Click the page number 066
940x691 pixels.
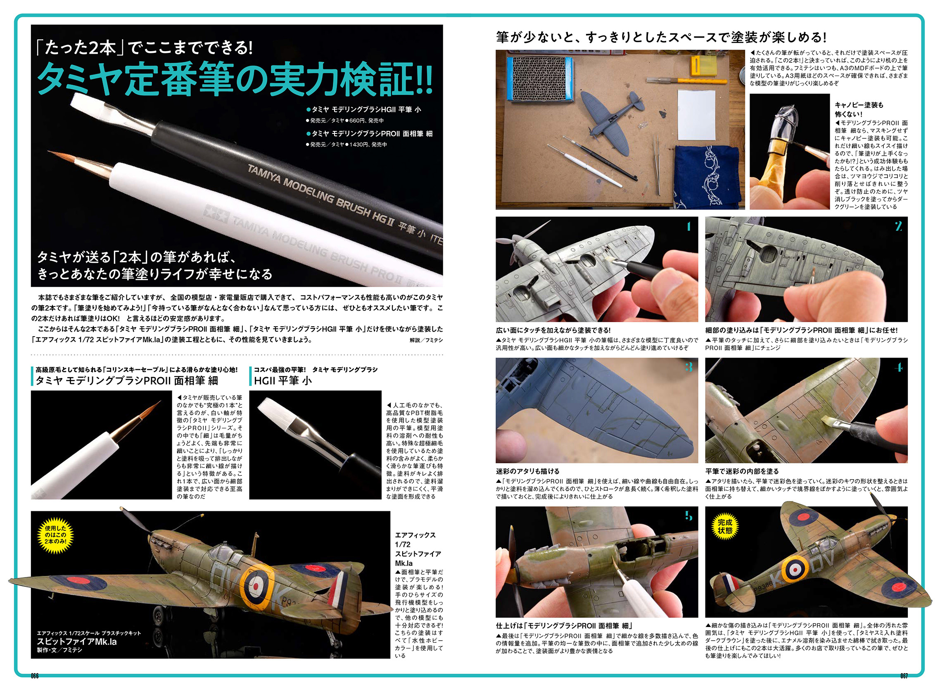point(35,676)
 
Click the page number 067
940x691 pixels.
point(904,676)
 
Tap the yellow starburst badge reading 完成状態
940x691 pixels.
point(725,526)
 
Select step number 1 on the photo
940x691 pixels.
point(688,227)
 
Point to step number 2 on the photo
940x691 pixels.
point(898,227)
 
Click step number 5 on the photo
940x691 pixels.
point(688,516)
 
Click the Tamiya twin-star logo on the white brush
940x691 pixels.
point(216,214)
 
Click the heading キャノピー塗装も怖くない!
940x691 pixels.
point(859,109)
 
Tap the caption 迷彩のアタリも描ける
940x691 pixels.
point(527,471)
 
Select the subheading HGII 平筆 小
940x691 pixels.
point(283,381)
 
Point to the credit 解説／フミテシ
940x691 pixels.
point(426,340)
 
